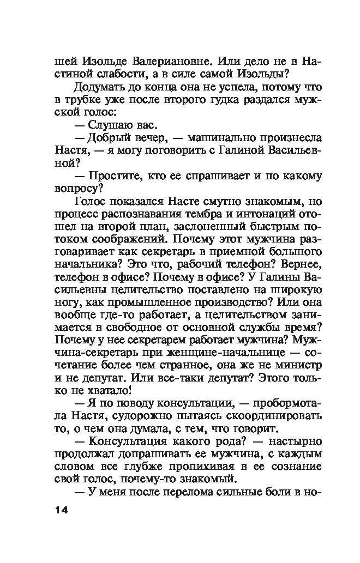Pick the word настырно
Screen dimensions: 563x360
[293, 455]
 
